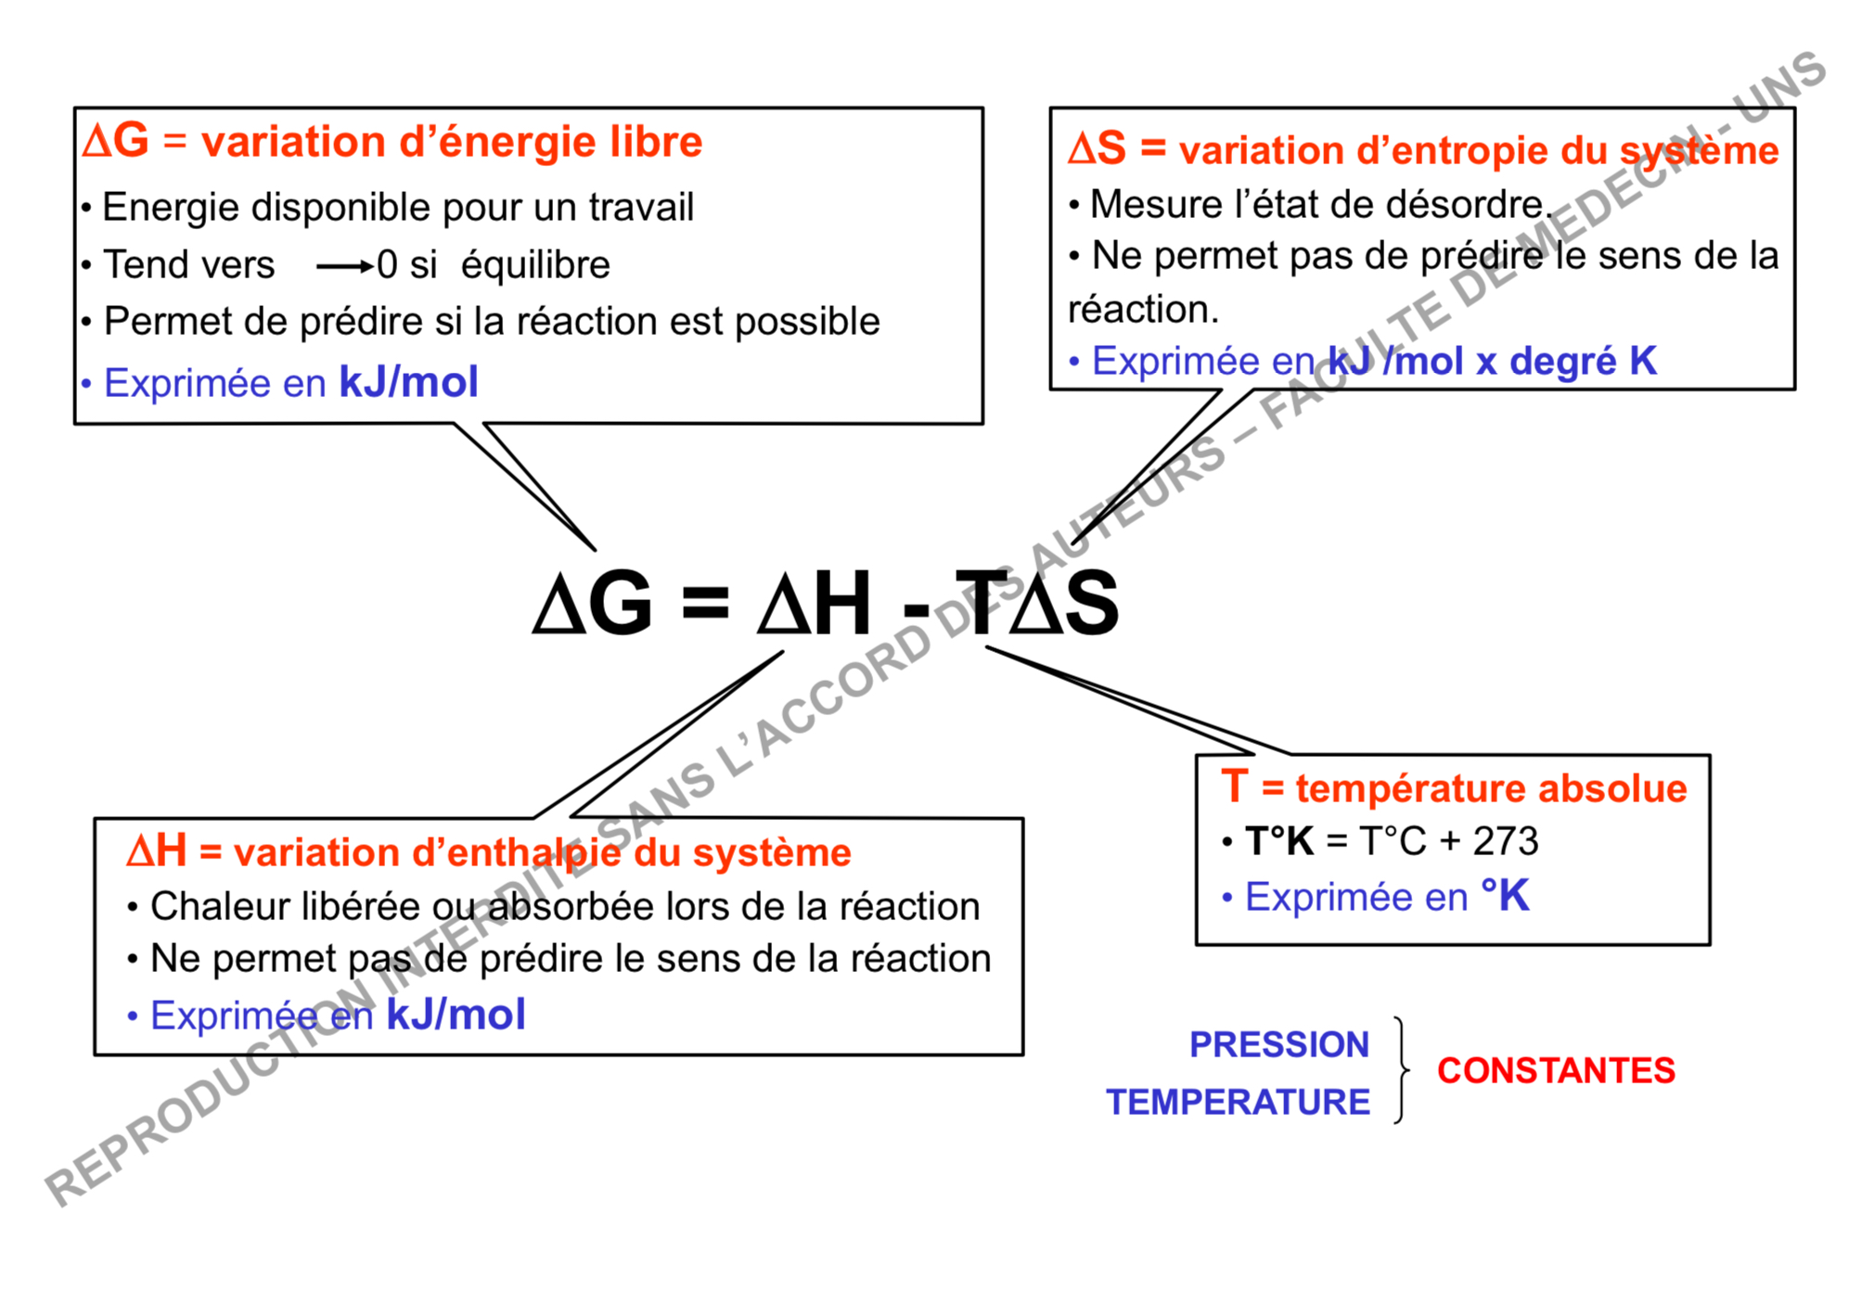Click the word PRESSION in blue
coord(1278,1044)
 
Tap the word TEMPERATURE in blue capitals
coord(1238,1102)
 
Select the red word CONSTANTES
coord(1556,1070)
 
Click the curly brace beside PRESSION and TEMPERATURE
coord(1401,1070)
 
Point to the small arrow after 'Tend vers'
coord(344,267)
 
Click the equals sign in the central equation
coord(705,603)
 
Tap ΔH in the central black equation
coord(814,603)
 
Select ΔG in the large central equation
coord(592,603)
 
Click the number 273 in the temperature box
coord(1506,841)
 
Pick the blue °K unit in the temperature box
coord(1505,895)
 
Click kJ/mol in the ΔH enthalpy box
coord(456,1015)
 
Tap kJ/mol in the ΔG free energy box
coord(408,382)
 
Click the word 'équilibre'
coord(535,265)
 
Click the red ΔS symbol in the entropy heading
coord(1097,148)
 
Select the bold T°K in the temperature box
coord(1279,841)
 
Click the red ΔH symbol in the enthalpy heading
coord(157,850)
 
